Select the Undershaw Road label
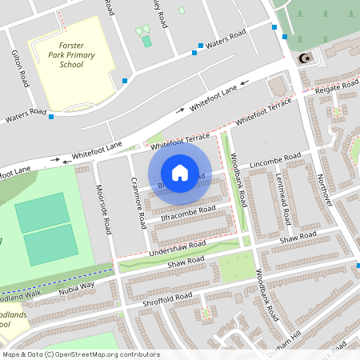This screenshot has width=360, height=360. pos(177,249)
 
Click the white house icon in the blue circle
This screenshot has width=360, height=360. pos(180,172)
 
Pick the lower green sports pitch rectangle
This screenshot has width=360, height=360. pos(50,248)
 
